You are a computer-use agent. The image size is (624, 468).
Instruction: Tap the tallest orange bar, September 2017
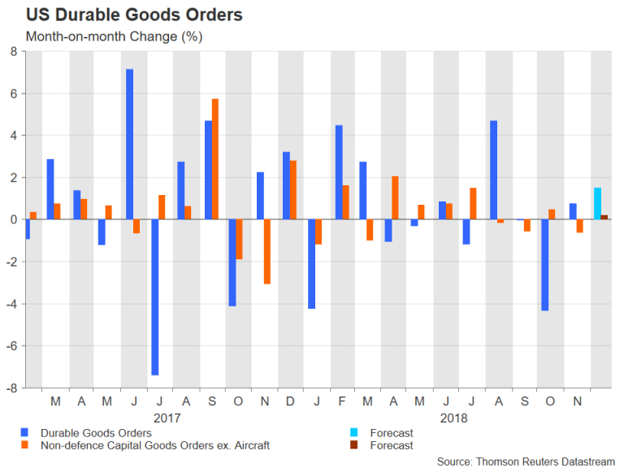click(215, 158)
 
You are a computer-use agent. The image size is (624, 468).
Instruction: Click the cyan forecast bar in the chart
click(597, 203)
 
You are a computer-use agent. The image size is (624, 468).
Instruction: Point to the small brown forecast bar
click(604, 217)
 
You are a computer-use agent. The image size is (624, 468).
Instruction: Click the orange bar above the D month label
click(292, 189)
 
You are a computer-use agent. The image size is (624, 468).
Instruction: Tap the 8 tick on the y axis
click(13, 51)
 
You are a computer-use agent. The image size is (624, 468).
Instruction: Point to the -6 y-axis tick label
click(11, 346)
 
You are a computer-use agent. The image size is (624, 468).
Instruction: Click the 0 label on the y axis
click(13, 219)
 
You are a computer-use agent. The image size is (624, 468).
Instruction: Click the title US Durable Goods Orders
click(133, 15)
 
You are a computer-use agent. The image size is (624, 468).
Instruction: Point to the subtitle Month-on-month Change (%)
click(114, 37)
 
